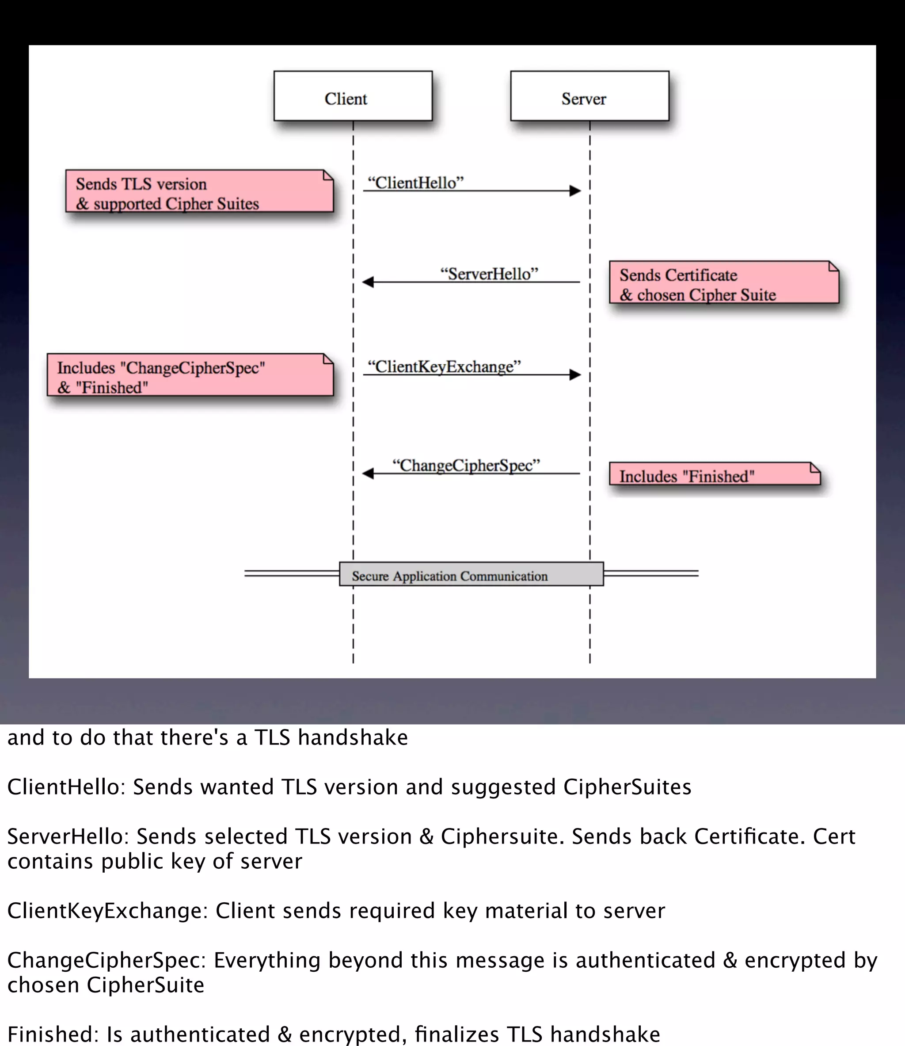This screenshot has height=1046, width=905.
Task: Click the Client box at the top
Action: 353,96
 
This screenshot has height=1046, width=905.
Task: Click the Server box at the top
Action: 589,96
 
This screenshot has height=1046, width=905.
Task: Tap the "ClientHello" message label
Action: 415,183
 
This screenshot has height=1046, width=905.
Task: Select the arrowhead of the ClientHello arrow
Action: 575,191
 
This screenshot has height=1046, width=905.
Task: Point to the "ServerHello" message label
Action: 489,274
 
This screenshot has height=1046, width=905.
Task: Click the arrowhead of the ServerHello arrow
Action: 368,282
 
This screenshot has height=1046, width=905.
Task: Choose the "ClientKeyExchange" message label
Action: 444,366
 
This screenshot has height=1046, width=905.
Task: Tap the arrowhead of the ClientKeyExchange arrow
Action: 575,375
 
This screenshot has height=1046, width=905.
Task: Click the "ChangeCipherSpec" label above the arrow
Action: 466,465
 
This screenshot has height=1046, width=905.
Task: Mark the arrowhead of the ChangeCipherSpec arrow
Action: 368,473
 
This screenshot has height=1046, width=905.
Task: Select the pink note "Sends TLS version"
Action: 199,191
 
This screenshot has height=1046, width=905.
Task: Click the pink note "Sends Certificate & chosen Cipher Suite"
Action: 723,282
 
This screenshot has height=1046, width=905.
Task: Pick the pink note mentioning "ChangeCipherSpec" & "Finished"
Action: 190,375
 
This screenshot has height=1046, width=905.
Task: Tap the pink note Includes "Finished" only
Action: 714,474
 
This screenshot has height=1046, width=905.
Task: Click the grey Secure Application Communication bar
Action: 471,575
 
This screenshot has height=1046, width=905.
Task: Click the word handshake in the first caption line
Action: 353,737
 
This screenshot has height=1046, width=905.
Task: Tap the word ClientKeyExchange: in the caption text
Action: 107,911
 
